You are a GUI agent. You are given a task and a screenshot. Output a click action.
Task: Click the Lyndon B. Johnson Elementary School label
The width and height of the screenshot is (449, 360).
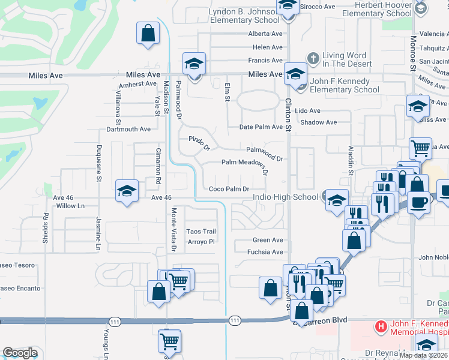click(x=244, y=16)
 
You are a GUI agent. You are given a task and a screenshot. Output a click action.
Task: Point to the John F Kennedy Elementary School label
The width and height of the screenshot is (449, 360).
click(x=345, y=85)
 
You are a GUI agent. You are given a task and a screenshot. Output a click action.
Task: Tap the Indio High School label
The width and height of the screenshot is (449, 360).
click(x=285, y=197)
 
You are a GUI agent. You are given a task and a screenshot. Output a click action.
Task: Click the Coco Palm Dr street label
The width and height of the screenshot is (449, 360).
click(x=229, y=189)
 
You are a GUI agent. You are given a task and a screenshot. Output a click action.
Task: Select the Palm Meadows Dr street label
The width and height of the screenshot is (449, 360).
click(x=244, y=162)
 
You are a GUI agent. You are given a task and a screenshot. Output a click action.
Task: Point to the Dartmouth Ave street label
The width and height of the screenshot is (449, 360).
click(x=128, y=129)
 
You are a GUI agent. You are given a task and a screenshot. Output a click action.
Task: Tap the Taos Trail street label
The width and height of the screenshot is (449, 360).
click(x=201, y=232)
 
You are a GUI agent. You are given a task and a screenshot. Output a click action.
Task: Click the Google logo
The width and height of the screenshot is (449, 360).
click(x=20, y=353)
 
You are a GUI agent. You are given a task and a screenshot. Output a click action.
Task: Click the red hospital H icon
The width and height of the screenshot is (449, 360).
click(x=380, y=327)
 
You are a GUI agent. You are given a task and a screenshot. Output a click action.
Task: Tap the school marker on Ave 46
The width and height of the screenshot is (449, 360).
click(x=127, y=191)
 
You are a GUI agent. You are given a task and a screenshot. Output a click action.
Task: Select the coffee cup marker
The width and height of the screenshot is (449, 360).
click(x=418, y=201)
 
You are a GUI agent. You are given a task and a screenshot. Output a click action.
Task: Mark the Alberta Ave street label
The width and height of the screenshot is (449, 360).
click(x=265, y=33)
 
